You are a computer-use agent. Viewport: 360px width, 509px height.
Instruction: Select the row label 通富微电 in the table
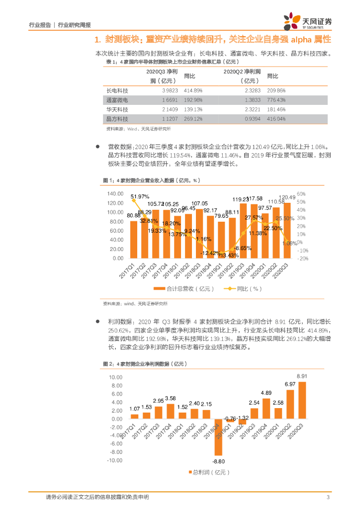118,100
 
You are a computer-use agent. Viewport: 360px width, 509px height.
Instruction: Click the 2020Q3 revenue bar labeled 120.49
287,231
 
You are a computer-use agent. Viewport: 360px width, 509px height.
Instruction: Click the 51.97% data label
140,197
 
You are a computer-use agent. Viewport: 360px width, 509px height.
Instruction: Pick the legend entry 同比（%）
243,289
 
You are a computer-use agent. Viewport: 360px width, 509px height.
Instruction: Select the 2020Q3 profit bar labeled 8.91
302,400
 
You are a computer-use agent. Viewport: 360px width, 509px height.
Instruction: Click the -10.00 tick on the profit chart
114,460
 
